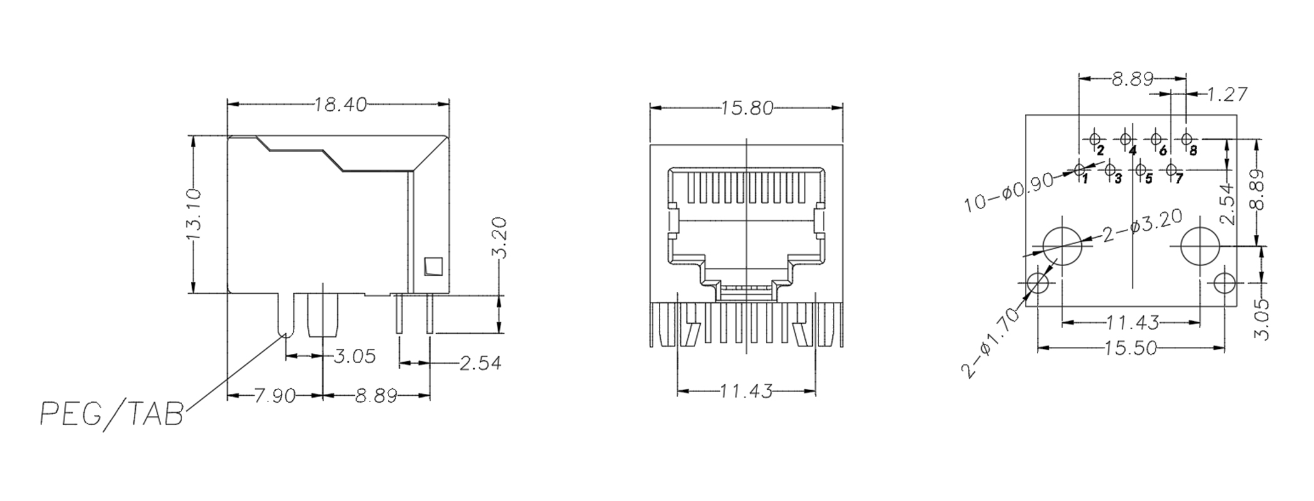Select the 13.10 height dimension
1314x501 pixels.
click(x=193, y=214)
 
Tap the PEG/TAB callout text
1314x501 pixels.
click(x=112, y=414)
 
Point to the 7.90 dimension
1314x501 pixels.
click(x=274, y=396)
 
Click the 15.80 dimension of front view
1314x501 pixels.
click(x=746, y=108)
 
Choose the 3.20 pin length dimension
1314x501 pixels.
click(x=499, y=238)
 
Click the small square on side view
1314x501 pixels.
click(x=433, y=267)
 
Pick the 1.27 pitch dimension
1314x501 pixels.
click(x=1226, y=95)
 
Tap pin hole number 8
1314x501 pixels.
click(x=1186, y=138)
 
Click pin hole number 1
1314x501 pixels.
click(x=1079, y=168)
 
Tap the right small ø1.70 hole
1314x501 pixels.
click(x=1224, y=283)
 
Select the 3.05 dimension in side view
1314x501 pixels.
click(x=354, y=356)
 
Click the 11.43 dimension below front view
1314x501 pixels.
click(x=746, y=392)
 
